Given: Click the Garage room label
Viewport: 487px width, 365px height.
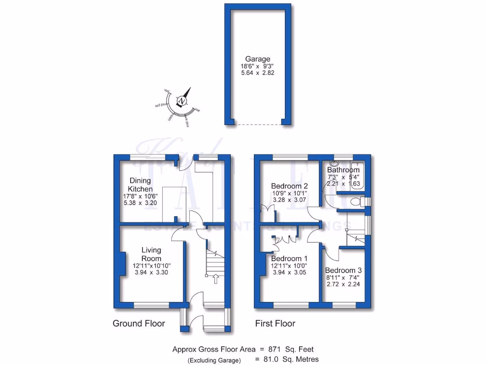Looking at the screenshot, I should pyautogui.click(x=258, y=59).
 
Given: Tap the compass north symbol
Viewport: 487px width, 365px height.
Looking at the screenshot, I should pyautogui.click(x=182, y=101).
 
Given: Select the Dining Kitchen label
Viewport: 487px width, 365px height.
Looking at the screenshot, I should pyautogui.click(x=140, y=185).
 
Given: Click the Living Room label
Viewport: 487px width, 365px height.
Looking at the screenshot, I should pyautogui.click(x=152, y=254).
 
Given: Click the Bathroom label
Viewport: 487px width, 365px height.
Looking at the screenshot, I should pyautogui.click(x=343, y=170).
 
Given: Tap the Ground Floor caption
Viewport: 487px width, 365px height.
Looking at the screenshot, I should pyautogui.click(x=138, y=324).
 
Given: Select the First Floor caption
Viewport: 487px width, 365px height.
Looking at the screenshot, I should pyautogui.click(x=275, y=324).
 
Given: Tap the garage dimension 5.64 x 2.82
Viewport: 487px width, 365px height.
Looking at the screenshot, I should pyautogui.click(x=258, y=73).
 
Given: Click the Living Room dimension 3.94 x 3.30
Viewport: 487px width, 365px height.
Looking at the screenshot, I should pyautogui.click(x=152, y=273).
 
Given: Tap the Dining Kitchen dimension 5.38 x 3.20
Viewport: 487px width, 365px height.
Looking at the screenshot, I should pyautogui.click(x=139, y=203).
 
